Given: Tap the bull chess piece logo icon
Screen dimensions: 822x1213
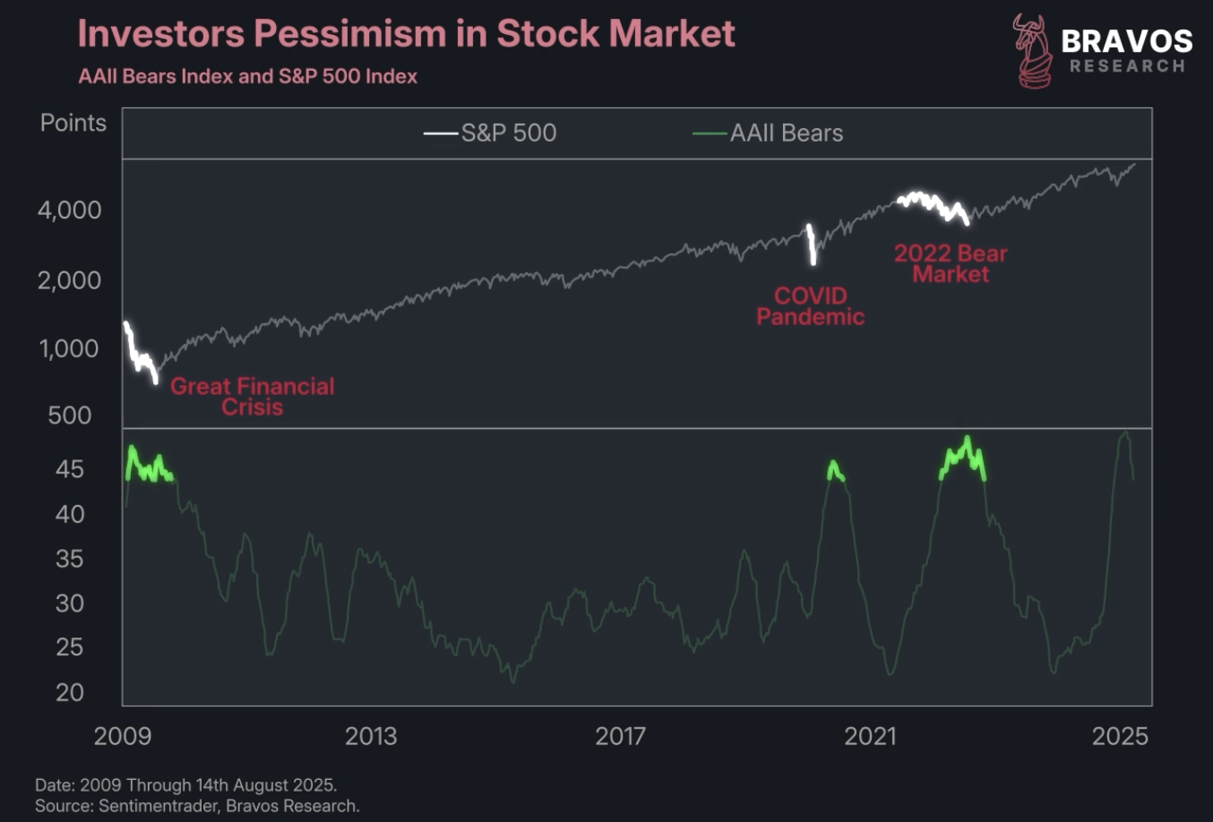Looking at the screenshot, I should coord(1032,52).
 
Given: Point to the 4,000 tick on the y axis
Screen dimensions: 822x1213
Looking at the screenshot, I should coord(70,210).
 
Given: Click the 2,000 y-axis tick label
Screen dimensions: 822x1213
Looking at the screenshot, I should coord(70,280).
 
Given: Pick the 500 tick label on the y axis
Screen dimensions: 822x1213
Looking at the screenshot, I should coord(70,415).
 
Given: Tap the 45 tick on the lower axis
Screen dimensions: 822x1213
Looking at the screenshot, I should coord(70,469).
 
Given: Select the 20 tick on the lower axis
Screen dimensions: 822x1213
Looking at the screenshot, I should coord(70,692).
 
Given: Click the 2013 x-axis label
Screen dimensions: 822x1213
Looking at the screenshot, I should coord(371,736).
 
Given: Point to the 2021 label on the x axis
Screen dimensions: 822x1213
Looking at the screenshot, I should coord(870,736).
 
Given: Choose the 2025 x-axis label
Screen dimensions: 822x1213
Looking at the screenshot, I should coord(1120,736).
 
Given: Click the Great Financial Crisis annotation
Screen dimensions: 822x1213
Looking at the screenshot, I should coord(252,397).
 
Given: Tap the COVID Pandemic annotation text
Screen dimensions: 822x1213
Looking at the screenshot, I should coord(810,306).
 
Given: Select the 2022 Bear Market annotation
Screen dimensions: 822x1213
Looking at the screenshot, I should coord(951,264).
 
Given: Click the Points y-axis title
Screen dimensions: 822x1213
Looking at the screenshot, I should coord(73,124).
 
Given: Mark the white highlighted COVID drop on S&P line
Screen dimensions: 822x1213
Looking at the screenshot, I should coord(812,244).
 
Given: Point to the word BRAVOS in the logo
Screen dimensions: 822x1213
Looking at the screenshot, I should coord(1126,41).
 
